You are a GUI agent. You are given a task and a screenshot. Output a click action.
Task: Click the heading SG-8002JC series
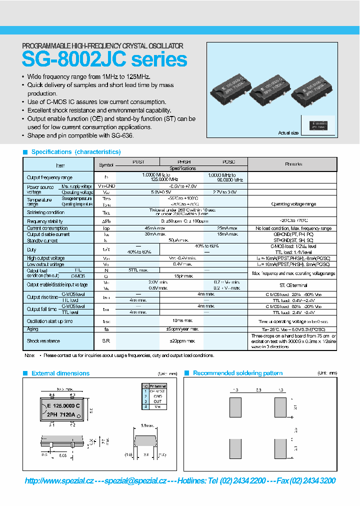(x=104, y=60)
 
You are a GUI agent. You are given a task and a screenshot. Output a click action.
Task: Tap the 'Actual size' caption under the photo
(x=288, y=133)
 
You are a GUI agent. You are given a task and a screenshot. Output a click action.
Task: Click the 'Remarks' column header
(x=293, y=164)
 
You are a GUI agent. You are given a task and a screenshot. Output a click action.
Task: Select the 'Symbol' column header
(x=106, y=164)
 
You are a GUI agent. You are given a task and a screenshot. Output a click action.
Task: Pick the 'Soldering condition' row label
(x=46, y=212)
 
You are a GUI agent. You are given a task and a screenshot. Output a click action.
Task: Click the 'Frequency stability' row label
(x=45, y=221)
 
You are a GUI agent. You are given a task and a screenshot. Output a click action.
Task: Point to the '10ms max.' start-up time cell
(x=181, y=320)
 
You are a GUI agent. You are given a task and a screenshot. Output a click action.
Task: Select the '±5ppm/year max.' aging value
(x=181, y=329)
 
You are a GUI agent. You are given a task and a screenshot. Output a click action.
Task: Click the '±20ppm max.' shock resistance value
(x=181, y=341)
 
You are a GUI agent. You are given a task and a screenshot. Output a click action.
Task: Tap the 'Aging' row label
(x=33, y=329)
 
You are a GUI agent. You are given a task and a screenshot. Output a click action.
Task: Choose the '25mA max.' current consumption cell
(x=225, y=228)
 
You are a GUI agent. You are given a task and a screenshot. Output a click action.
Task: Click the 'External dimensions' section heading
(x=60, y=373)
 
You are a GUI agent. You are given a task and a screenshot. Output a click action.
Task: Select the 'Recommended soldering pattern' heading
(x=237, y=373)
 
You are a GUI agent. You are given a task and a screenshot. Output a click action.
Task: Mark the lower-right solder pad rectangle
(x=280, y=448)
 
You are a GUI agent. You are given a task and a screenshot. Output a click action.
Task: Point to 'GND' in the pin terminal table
(x=157, y=396)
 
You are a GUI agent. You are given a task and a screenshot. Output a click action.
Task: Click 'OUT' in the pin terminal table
(x=157, y=401)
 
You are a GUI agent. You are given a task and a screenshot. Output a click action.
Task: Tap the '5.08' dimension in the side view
(x=63, y=455)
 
